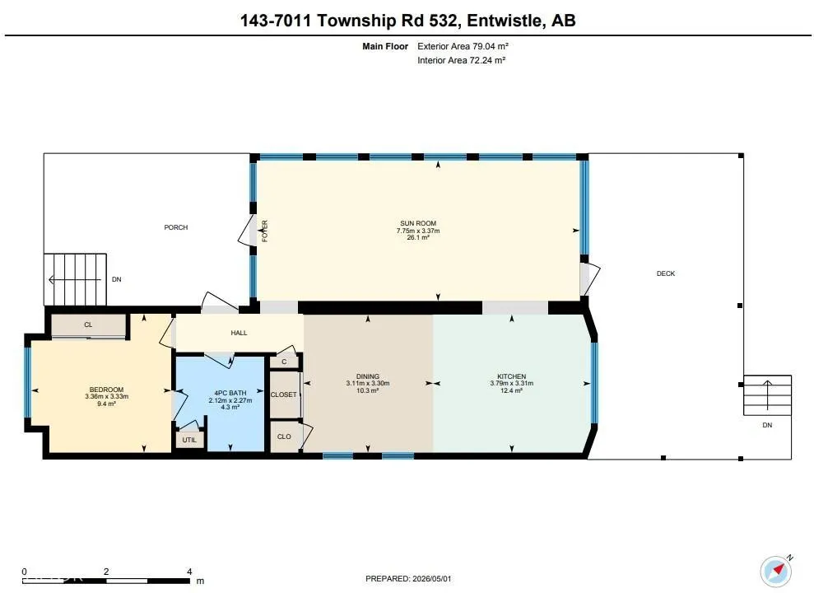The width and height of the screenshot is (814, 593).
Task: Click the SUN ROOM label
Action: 418,223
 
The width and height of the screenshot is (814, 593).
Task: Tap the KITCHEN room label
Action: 511,376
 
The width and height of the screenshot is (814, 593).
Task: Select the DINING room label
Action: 368,376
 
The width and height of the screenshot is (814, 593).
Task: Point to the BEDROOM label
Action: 106,390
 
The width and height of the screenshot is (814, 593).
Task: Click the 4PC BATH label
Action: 230,393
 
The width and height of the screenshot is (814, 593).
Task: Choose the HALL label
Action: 239,333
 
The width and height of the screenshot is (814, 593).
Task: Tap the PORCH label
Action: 176,227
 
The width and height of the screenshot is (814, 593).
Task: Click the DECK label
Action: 666,273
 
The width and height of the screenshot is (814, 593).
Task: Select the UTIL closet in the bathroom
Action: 189,440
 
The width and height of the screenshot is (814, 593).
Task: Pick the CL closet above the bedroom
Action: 88,325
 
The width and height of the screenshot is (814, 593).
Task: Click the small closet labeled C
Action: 284,362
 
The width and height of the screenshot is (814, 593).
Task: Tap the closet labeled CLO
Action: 285,437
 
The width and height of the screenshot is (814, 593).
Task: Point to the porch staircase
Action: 75,279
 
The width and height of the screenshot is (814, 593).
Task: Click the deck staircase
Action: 767,395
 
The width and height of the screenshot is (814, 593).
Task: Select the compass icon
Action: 777,572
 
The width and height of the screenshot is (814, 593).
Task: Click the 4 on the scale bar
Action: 189,572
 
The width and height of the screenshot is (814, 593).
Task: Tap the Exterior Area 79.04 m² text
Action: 463,46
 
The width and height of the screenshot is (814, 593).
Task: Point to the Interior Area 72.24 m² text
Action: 462,60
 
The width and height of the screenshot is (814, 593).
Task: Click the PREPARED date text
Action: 408,578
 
